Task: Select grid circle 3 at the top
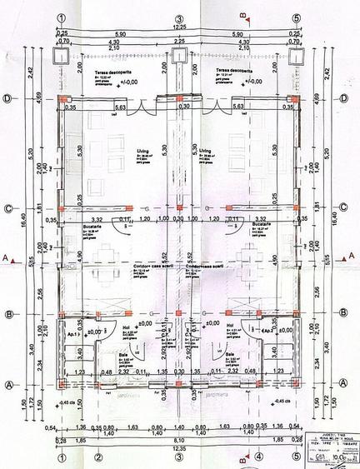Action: point(178,17)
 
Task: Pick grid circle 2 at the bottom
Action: point(97,457)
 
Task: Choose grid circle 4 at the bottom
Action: point(258,457)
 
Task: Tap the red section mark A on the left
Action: point(7,260)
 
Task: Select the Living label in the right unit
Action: point(213,152)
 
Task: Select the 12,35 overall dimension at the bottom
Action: point(178,448)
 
